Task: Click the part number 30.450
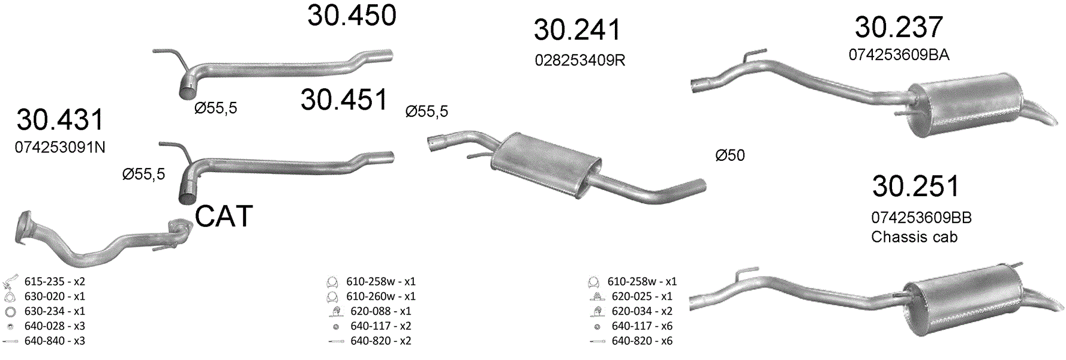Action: (352, 16)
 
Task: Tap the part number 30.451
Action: (345, 100)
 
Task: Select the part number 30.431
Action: (61, 120)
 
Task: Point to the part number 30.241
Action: (578, 30)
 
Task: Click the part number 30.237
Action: (899, 27)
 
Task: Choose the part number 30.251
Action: (916, 187)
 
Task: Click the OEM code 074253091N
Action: (60, 148)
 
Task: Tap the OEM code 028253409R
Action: (580, 61)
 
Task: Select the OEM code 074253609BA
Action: (899, 55)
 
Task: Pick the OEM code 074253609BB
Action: (921, 218)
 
